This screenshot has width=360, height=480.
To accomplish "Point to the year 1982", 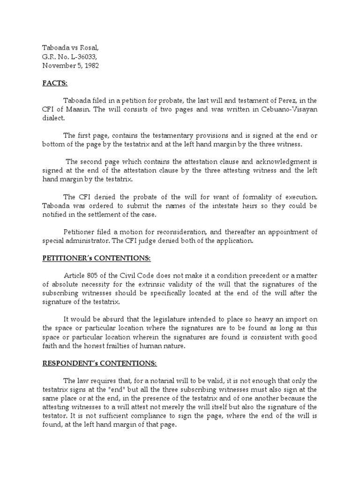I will coord(90,66).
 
